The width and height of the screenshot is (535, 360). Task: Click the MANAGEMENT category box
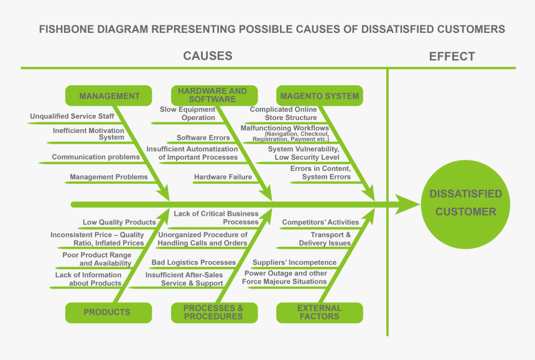(109, 96)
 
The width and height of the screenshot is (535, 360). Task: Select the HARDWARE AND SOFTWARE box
(212, 95)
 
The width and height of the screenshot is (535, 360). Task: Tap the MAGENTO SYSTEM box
(319, 96)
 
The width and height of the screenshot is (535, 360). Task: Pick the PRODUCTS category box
(107, 312)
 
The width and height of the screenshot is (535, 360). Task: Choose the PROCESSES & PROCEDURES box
(213, 312)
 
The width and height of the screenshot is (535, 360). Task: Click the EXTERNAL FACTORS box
(319, 312)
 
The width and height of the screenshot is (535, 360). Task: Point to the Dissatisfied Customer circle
(465, 203)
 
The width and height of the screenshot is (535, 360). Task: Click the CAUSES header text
(208, 56)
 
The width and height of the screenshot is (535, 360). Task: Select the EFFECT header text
(452, 57)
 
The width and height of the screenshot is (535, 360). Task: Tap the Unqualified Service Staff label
(72, 116)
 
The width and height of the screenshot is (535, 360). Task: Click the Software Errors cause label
(203, 138)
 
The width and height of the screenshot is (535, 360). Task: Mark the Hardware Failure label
(223, 177)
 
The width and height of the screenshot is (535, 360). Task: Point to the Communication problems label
(96, 157)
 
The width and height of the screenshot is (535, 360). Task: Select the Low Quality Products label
(119, 222)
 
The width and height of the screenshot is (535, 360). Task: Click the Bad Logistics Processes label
(193, 262)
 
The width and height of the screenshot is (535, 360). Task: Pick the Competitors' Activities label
(320, 222)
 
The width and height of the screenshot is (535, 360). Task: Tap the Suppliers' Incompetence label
(294, 262)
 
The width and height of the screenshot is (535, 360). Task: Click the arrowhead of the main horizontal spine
(407, 204)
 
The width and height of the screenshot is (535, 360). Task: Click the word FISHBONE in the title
(67, 29)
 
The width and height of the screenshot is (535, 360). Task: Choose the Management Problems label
(109, 177)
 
